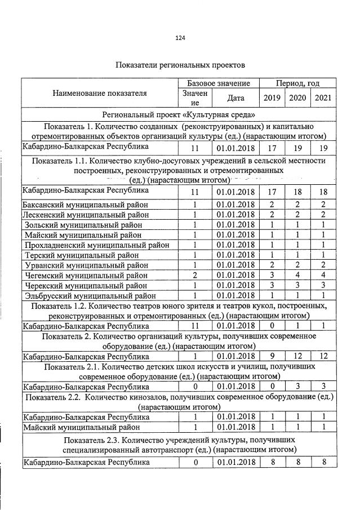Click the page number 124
click(x=180, y=38)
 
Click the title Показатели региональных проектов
click(x=180, y=65)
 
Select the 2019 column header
click(x=272, y=98)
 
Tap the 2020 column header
click(x=297, y=98)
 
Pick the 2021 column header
click(x=323, y=98)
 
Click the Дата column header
click(x=235, y=98)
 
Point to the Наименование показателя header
click(x=100, y=94)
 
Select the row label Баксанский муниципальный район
click(x=85, y=205)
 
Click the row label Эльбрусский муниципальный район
click(x=90, y=295)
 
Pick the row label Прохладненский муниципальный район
click(x=94, y=245)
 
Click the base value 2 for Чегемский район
click(x=194, y=275)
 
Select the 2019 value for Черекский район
click(x=272, y=285)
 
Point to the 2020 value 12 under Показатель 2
click(x=297, y=356)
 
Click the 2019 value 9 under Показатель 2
click(x=272, y=356)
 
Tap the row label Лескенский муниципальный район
click(x=85, y=215)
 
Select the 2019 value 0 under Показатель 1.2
click(x=272, y=326)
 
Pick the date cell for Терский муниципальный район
click(x=235, y=255)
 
